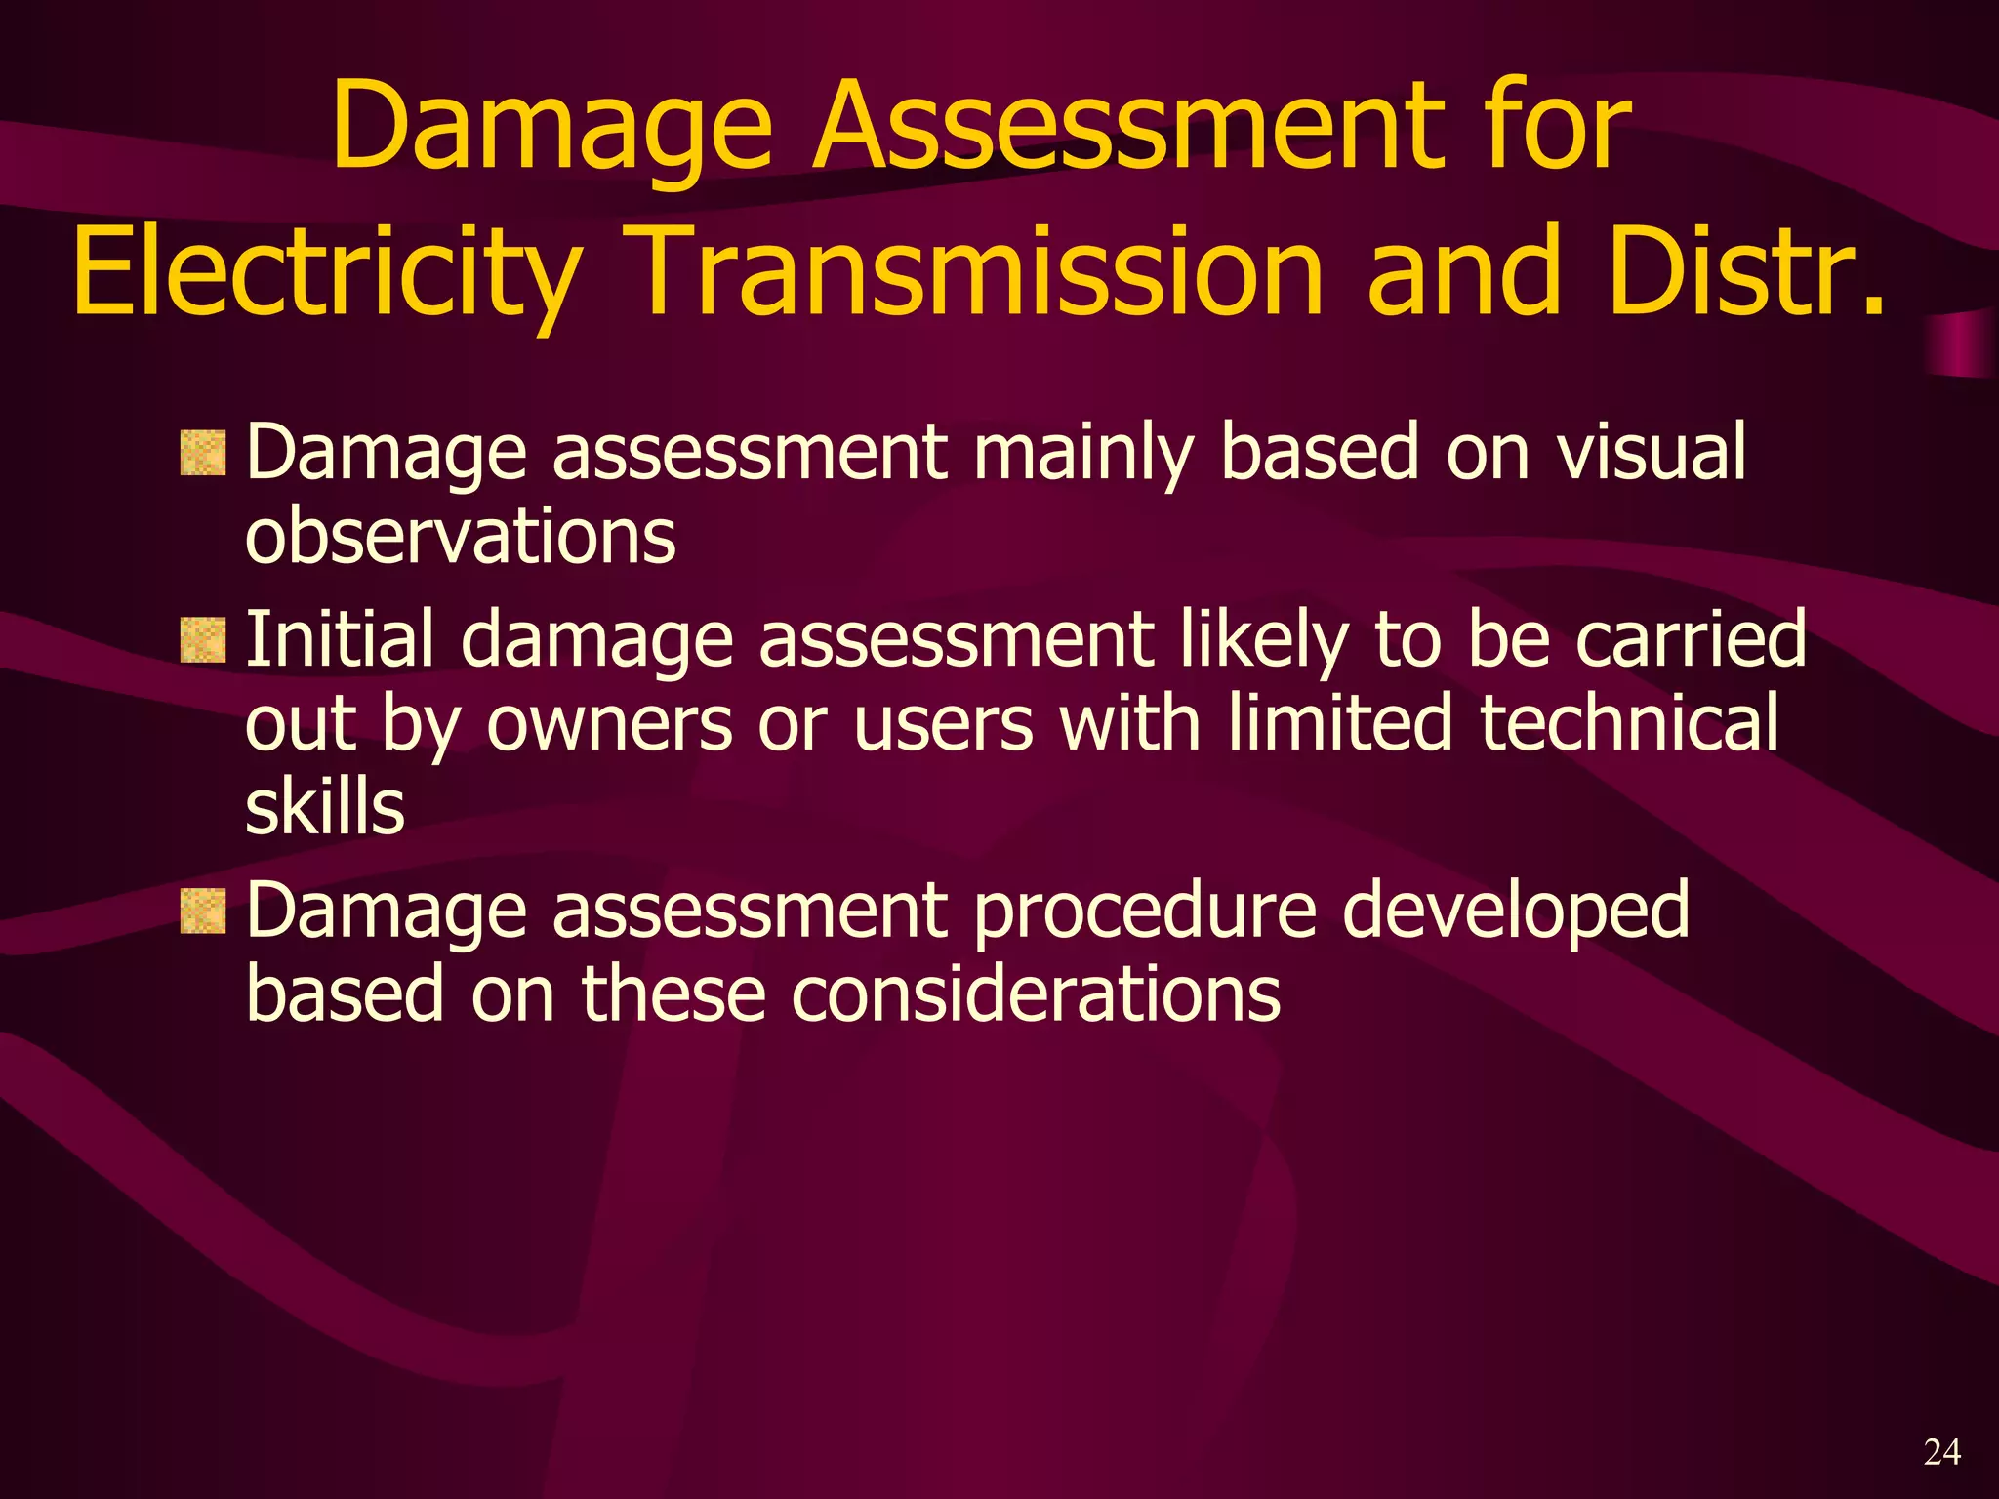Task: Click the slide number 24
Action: coord(1941,1452)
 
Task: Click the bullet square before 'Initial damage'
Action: coord(203,640)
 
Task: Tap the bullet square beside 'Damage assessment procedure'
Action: coord(203,912)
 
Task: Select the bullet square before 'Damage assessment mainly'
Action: coord(203,454)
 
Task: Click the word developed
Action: coord(1515,912)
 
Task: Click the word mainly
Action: coord(1083,454)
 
